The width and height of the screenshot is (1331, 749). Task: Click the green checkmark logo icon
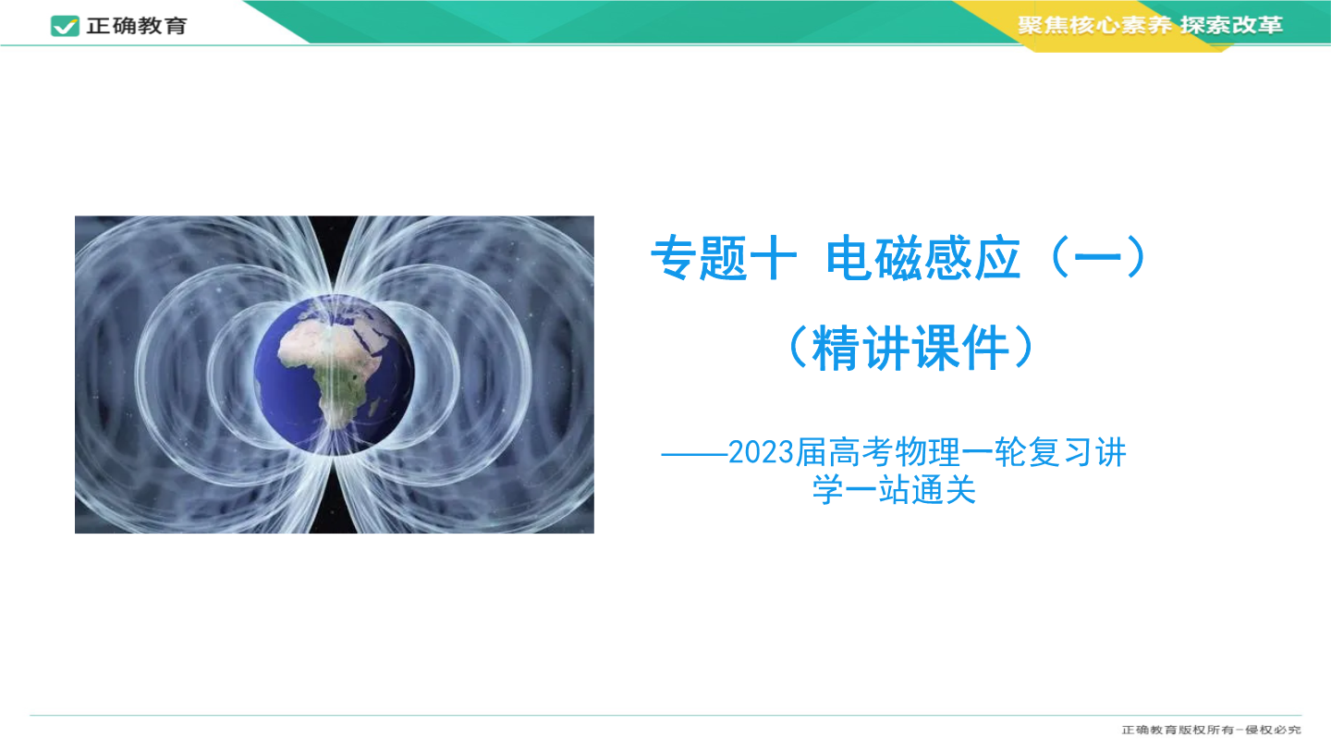click(x=65, y=26)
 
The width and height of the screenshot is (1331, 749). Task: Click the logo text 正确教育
click(x=137, y=26)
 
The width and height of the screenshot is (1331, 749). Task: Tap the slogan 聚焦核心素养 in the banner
click(x=1094, y=25)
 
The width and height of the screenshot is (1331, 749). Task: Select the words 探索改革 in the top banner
click(x=1231, y=25)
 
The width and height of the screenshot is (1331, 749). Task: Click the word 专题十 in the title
click(x=724, y=258)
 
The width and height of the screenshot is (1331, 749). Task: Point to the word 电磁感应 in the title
click(x=923, y=258)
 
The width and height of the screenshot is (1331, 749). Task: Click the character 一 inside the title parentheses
click(x=1098, y=258)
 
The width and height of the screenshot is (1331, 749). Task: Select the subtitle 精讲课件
click(x=910, y=348)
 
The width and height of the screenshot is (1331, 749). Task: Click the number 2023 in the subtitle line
click(x=762, y=453)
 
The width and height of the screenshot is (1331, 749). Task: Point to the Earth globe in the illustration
click(x=334, y=375)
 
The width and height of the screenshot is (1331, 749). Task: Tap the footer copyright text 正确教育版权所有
click(x=1178, y=730)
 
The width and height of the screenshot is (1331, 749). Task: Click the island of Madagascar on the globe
click(x=373, y=407)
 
